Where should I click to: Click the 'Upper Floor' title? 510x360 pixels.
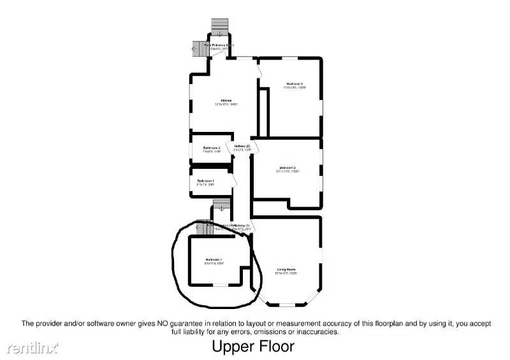[x=253, y=347]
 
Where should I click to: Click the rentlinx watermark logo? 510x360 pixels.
[x=33, y=348]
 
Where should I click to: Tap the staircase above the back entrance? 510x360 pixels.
[x=219, y=26]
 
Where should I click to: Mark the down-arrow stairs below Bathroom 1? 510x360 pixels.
[x=221, y=206]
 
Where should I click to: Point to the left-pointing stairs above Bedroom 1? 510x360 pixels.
[x=205, y=227]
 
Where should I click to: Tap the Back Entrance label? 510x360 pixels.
[x=219, y=46]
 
